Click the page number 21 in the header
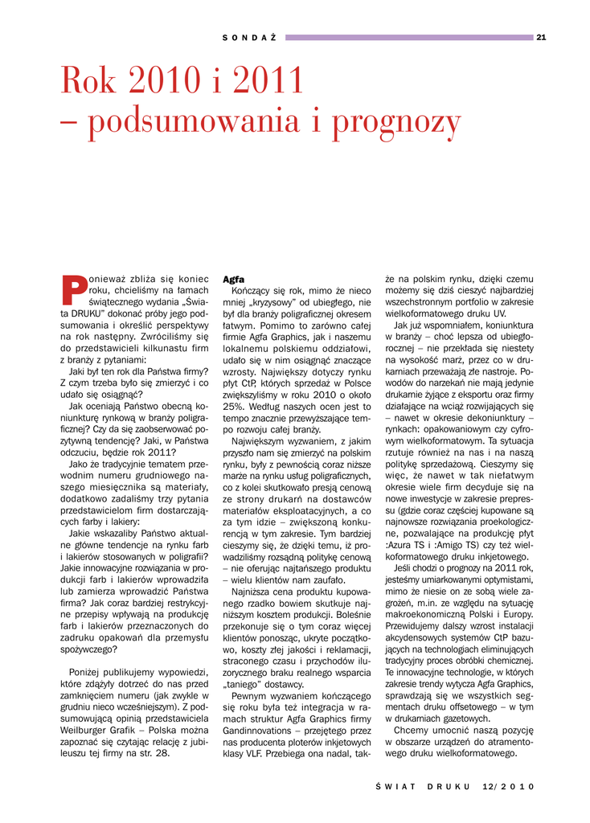coord(541,37)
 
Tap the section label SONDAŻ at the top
coord(249,37)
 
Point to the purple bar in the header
coord(409,37)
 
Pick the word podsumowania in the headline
coord(193,122)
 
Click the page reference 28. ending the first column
coord(162,753)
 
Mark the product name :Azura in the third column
coord(400,545)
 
